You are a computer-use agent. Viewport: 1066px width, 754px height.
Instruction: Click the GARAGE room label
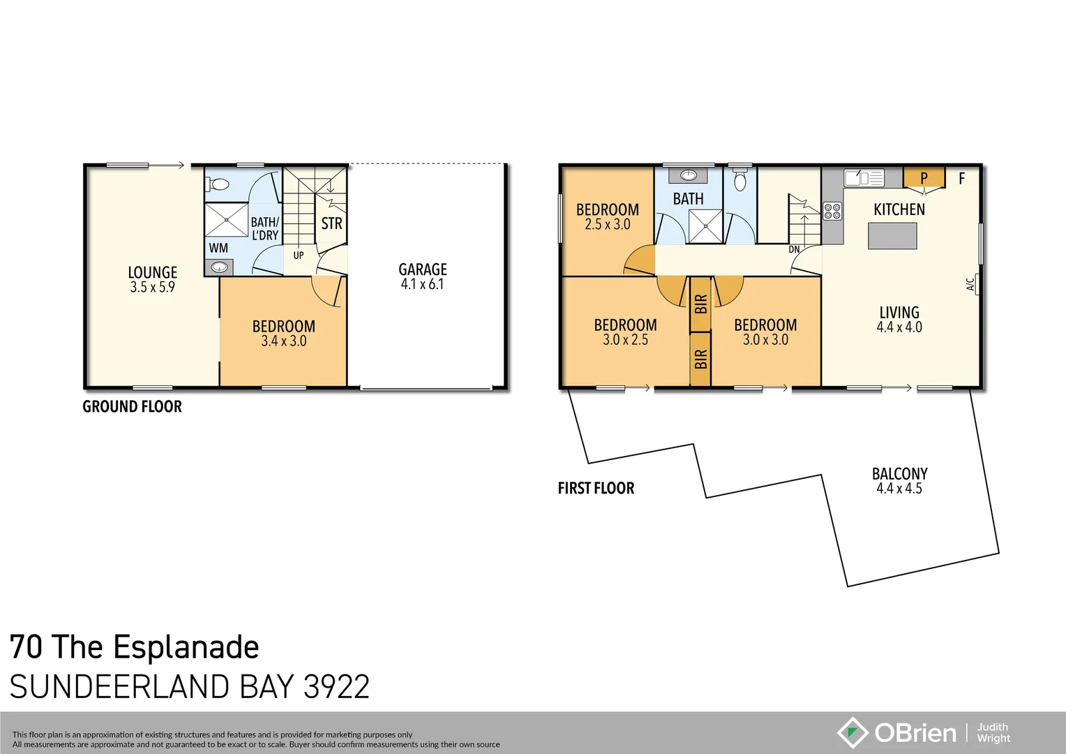point(422,269)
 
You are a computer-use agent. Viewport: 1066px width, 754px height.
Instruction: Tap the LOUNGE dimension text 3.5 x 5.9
point(152,287)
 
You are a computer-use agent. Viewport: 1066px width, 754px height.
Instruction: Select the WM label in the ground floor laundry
point(218,248)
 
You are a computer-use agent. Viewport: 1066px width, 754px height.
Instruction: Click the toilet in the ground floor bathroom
point(219,185)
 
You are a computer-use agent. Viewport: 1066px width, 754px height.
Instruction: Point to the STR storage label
point(331,223)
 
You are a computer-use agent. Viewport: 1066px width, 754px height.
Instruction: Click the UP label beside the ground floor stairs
point(299,256)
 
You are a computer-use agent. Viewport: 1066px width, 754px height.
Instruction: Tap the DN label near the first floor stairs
point(794,249)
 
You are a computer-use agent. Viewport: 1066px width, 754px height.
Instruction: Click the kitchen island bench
point(892,236)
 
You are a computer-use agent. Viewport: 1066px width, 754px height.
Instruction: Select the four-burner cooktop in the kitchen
point(832,211)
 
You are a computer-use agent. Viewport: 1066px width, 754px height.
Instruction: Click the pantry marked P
point(924,177)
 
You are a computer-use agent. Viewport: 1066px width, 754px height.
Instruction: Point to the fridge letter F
point(961,179)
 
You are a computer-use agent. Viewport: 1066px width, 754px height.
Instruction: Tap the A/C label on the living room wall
point(970,284)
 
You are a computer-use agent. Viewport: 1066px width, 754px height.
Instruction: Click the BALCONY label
point(899,473)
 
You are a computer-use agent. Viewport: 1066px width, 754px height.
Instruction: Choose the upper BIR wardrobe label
point(701,304)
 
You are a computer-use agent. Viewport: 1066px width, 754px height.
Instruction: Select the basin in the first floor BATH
point(689,175)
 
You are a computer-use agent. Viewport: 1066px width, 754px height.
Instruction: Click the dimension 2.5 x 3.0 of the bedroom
point(607,225)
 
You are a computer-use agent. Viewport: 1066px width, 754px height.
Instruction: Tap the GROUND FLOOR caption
point(132,406)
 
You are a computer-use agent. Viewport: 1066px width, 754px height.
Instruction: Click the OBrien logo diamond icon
point(853,732)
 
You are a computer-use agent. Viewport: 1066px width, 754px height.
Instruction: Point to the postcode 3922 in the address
point(336,687)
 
